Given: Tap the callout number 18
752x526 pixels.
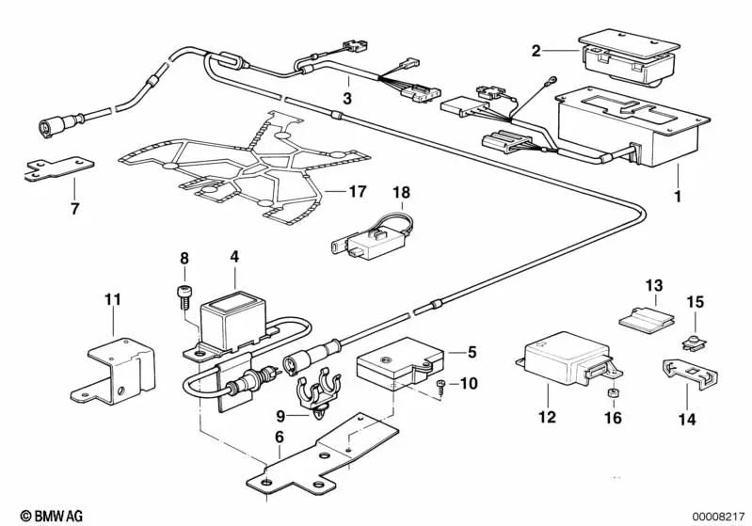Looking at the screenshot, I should click(x=402, y=192).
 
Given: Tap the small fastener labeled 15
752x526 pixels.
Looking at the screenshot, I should click(x=693, y=332).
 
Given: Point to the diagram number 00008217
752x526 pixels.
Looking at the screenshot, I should click(x=717, y=516).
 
